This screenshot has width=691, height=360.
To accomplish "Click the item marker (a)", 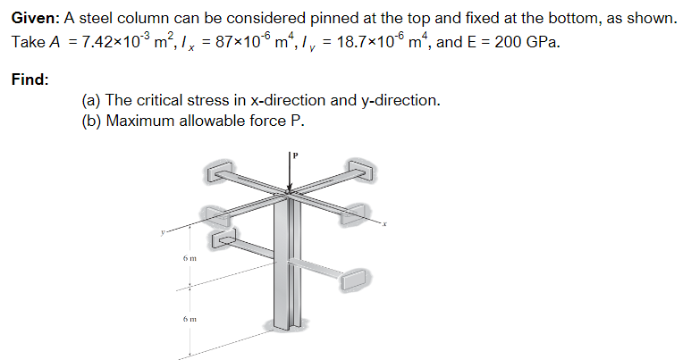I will coord(90,100).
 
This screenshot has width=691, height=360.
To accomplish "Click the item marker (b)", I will coord(90,121).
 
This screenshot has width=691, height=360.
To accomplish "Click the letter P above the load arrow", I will coord(298,155).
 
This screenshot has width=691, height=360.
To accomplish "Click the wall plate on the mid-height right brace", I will coord(354,279).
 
